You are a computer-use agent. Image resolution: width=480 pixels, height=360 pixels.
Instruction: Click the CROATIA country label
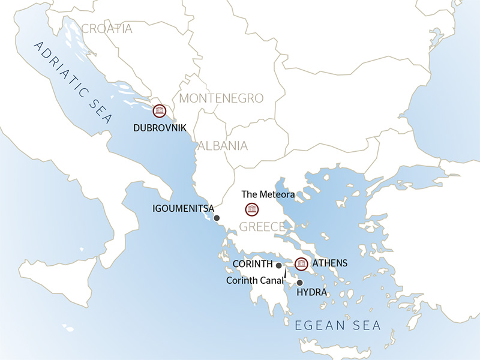(106, 29)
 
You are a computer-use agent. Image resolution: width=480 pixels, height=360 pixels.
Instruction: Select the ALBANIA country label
(223, 145)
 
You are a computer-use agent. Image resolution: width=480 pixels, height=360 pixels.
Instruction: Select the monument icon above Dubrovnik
(159, 111)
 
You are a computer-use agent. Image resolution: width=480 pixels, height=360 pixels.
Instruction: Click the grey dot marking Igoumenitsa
(217, 218)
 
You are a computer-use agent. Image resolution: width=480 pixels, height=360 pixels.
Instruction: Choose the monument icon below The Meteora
(251, 209)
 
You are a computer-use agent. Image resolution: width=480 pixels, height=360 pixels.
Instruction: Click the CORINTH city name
(253, 264)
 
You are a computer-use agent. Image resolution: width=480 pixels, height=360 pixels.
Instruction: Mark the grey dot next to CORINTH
(278, 265)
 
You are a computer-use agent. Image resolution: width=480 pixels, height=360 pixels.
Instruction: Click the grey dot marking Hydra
(300, 282)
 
